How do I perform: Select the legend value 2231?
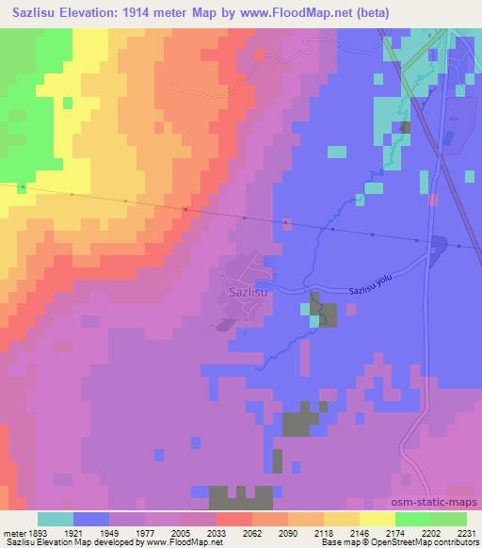467,532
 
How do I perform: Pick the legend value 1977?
145,532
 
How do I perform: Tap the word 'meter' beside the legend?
12,532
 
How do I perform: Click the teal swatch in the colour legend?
56,519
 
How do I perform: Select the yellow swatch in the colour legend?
378,519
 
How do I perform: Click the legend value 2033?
216,532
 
